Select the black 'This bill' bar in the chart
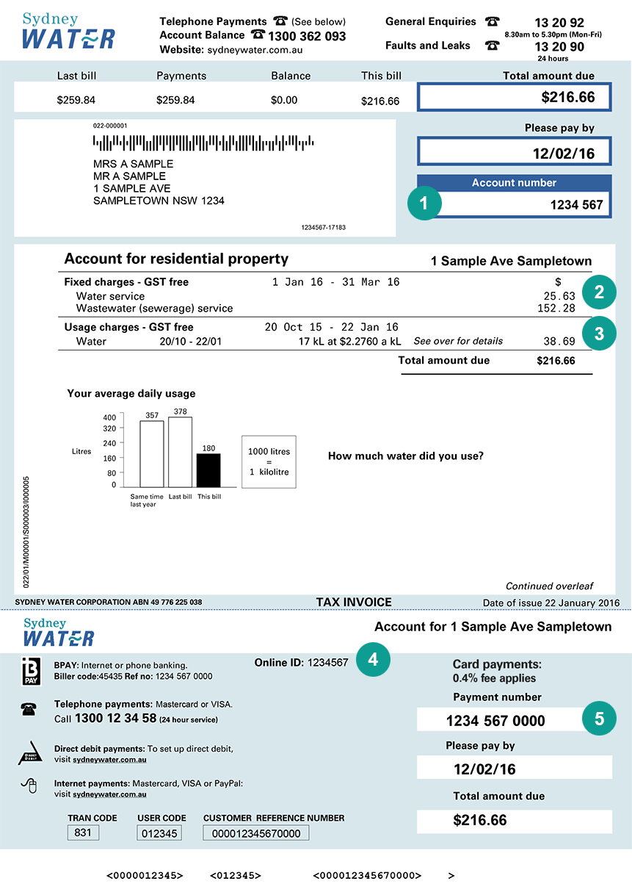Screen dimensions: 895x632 point(208,470)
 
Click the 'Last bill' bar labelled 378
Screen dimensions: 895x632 point(180,452)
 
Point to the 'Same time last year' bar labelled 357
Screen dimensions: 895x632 point(152,453)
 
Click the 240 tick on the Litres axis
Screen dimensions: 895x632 point(109,443)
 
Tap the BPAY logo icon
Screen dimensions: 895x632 point(32,671)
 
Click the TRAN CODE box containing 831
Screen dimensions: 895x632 point(83,833)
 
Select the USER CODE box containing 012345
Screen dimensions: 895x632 point(159,833)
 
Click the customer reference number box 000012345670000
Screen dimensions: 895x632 point(256,833)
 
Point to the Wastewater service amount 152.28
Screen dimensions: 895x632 point(556,309)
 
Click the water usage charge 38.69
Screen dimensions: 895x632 point(560,342)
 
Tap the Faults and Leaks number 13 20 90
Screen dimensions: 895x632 point(559,47)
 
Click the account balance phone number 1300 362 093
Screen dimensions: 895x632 point(307,36)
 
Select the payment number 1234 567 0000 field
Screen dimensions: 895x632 point(495,721)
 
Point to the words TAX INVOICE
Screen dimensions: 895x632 point(354,602)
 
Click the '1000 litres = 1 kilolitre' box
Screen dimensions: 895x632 point(269,461)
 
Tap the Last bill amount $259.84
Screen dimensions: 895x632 point(76,100)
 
